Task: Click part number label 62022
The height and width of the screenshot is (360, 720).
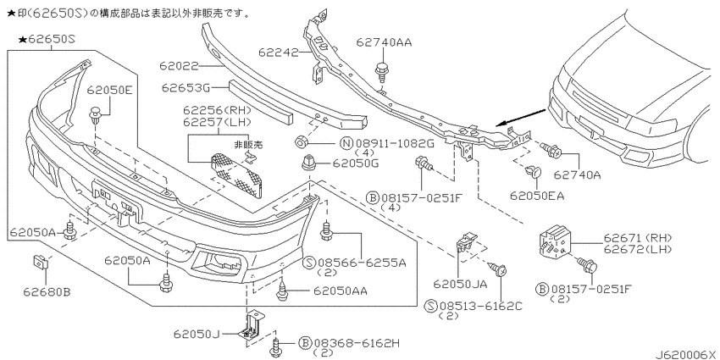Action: click(179, 67)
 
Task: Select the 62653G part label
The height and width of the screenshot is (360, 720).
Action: click(185, 87)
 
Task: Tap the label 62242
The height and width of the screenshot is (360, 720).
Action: click(279, 53)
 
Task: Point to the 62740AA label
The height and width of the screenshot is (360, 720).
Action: click(385, 42)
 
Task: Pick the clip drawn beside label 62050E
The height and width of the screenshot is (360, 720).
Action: click(96, 115)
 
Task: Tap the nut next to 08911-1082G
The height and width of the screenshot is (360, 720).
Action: click(301, 143)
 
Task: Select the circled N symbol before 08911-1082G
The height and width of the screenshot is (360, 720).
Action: click(346, 144)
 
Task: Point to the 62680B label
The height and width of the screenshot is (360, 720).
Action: click(47, 291)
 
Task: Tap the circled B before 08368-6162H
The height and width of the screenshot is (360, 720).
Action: click(304, 342)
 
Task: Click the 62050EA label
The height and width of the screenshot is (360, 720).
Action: click(537, 196)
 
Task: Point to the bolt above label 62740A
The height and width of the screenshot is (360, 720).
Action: click(551, 149)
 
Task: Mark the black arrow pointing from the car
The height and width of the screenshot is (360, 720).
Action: click(522, 117)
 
